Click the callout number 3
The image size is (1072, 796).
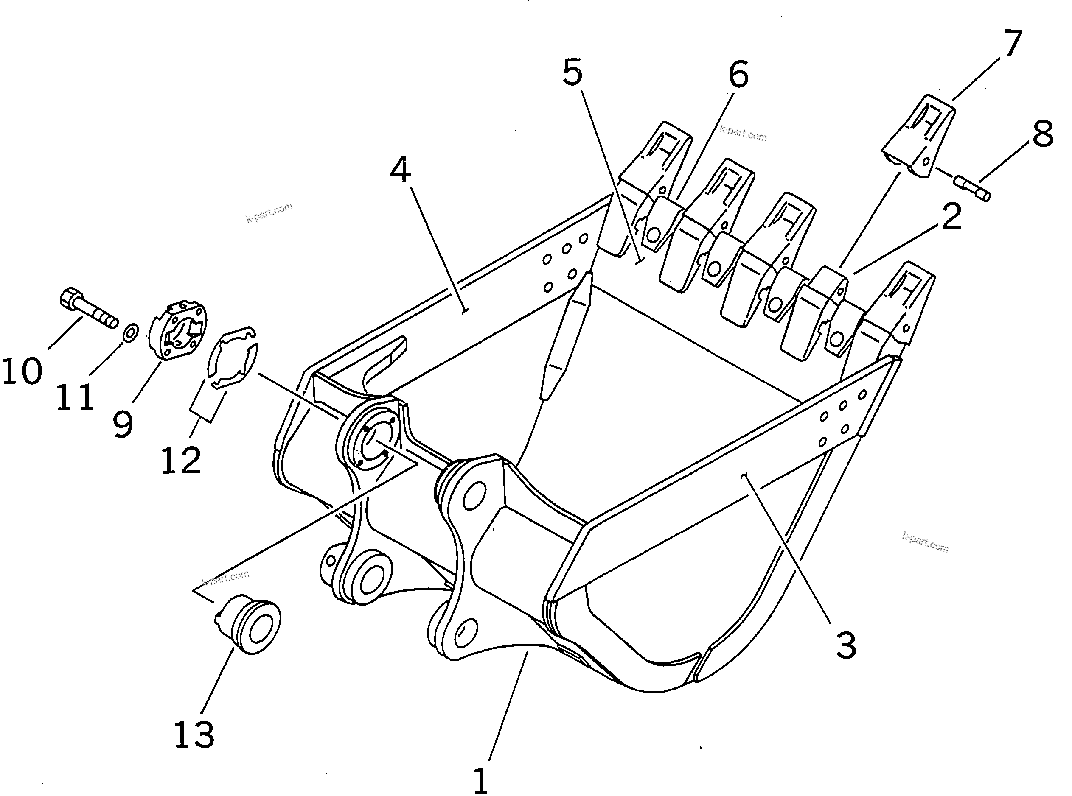[x=846, y=645]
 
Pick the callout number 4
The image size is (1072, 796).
[x=400, y=170]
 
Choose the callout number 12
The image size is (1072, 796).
[x=181, y=461]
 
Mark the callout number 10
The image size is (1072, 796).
[x=22, y=371]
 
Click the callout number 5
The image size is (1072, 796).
[x=572, y=73]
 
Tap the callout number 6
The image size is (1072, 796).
[x=738, y=75]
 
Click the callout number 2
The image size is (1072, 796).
[x=951, y=217]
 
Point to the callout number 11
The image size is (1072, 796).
[x=75, y=397]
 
